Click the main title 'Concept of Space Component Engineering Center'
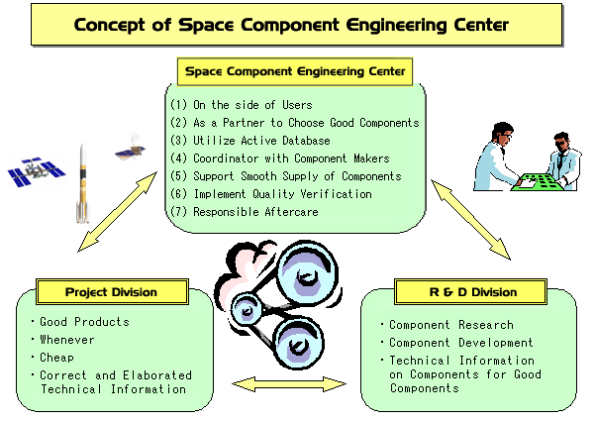pyautogui.click(x=291, y=25)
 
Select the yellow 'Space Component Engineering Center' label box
pyautogui.click(x=295, y=71)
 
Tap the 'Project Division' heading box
pyautogui.click(x=112, y=292)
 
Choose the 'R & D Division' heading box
pyautogui.click(x=470, y=292)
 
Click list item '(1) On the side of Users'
pyautogui.click(x=242, y=105)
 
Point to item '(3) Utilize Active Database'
pyautogui.click(x=250, y=141)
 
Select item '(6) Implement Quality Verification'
pyautogui.click(x=271, y=194)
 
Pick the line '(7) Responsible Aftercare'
pyautogui.click(x=245, y=212)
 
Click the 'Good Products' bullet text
pyautogui.click(x=84, y=322)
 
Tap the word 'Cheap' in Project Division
pyautogui.click(x=56, y=358)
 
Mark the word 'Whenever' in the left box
pyautogui.click(x=67, y=340)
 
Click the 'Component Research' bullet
pyautogui.click(x=451, y=325)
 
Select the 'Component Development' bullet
pyautogui.click(x=461, y=343)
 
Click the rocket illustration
pyautogui.click(x=83, y=183)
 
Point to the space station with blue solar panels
pyautogui.click(x=37, y=172)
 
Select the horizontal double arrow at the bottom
pyautogui.click(x=289, y=384)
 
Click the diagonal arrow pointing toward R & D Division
pyautogui.click(x=470, y=220)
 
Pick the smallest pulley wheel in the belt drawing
pyautogui.click(x=247, y=310)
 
